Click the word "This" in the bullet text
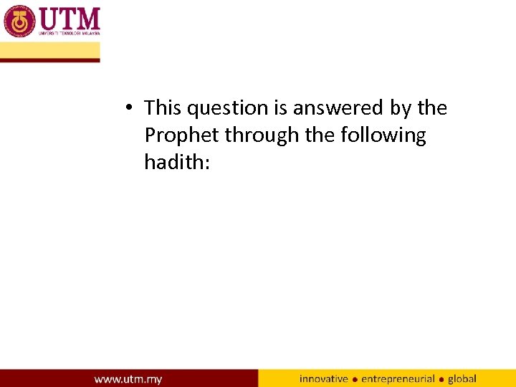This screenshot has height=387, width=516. [x=163, y=108]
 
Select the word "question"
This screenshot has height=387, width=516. [x=227, y=109]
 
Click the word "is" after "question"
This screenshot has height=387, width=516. [x=280, y=108]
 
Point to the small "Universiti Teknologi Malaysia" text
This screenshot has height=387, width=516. [x=68, y=33]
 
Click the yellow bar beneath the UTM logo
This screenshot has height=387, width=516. [x=49, y=51]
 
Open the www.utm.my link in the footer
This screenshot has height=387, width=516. [x=128, y=378]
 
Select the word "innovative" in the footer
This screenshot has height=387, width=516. [x=323, y=378]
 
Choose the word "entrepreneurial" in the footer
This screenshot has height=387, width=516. [x=398, y=378]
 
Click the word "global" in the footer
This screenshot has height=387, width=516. [x=462, y=378]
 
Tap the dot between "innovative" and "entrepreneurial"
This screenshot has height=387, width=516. [x=355, y=379]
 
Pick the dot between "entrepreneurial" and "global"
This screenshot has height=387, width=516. [x=441, y=379]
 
